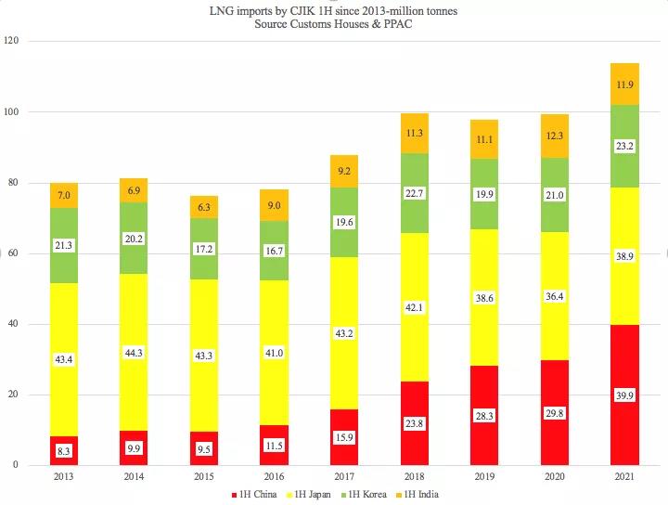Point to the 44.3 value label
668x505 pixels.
click(134, 353)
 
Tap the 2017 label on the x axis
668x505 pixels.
click(344, 477)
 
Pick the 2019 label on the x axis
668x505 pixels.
click(484, 477)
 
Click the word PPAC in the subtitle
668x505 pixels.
click(398, 23)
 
